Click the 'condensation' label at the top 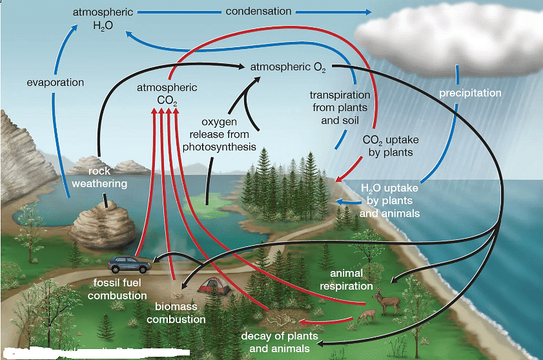pos(258,12)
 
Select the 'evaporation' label pos(56,83)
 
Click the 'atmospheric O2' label pos(288,66)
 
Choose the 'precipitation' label pos(470,93)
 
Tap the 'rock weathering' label pos(99,177)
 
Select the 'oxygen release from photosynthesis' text pos(219,134)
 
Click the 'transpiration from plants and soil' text pos(340,107)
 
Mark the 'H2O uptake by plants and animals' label pos(389,201)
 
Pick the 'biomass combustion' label pos(176,313)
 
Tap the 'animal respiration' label pos(346,279)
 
